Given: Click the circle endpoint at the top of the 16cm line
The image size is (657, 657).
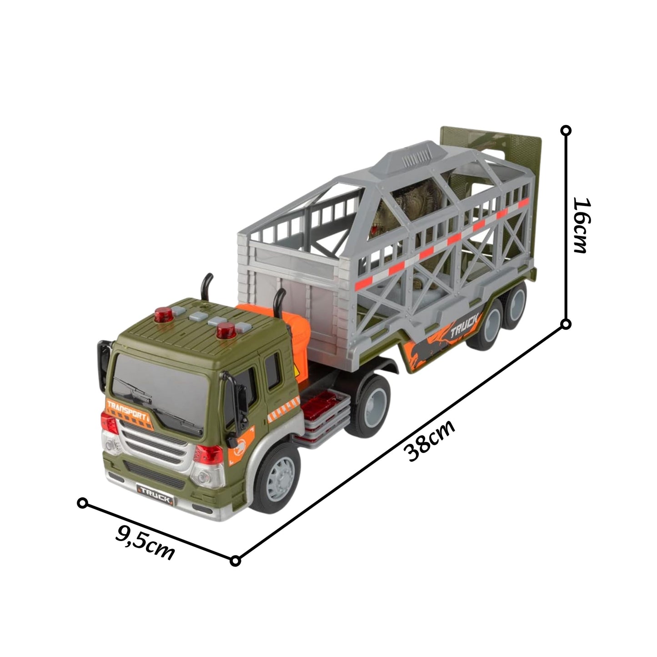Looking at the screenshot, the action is point(566,130).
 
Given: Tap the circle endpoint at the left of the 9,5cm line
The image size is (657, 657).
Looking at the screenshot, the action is point(82,503).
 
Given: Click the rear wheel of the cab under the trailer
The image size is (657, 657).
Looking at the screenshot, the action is point(370,405).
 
